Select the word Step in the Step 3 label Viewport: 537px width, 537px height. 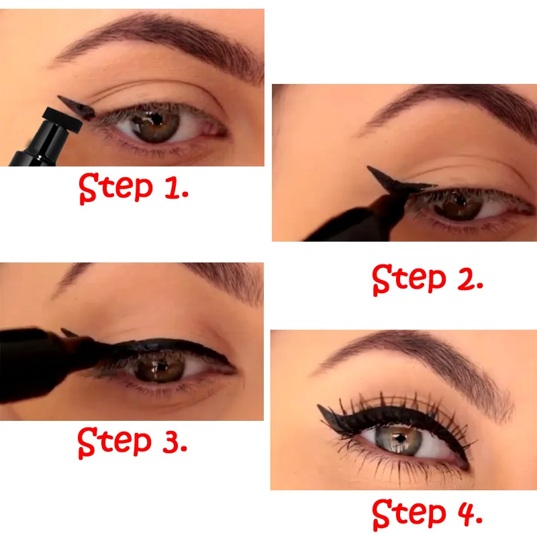click(115, 442)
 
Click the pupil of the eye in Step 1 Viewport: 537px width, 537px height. click(154, 121)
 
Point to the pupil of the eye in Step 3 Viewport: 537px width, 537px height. click(160, 368)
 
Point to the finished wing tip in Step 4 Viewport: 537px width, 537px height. click(324, 408)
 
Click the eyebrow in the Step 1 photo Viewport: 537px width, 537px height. click(161, 40)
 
